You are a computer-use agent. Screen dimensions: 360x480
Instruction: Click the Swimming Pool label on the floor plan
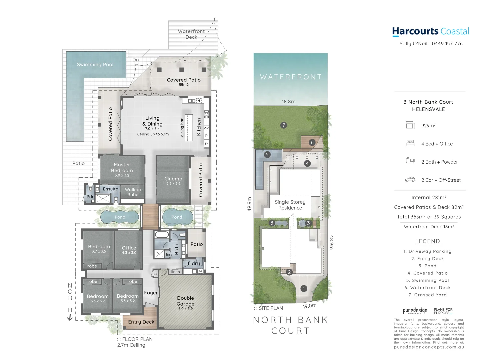coord(95,65)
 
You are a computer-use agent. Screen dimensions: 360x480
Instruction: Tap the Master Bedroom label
coord(122,168)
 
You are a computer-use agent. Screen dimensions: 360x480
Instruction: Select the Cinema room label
coord(173,179)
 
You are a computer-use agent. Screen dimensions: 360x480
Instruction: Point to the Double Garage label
coord(185,301)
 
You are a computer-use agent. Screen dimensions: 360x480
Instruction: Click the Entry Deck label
coord(141,322)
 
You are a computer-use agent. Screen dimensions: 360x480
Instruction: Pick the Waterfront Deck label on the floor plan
coord(191,34)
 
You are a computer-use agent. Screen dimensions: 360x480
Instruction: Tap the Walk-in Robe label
coord(133,192)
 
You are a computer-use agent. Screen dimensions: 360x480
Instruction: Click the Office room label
coord(129,248)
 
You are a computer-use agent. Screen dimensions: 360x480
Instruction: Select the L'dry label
coord(194,263)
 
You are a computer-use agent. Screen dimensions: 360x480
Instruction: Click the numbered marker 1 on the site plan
coord(304,289)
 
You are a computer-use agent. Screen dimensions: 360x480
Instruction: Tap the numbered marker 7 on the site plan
coord(284,125)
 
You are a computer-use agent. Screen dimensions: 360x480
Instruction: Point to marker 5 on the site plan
coord(267,155)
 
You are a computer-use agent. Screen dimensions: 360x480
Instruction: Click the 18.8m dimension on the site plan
coord(289,102)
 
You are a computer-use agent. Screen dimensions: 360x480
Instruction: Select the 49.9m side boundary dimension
coord(249,204)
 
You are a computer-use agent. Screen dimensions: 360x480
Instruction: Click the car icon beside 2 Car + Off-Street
coord(410,180)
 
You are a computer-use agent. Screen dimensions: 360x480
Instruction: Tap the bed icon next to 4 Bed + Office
coord(410,143)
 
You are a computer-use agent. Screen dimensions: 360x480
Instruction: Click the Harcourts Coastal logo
coord(431,32)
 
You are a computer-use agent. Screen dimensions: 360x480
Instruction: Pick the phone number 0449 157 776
coord(447,44)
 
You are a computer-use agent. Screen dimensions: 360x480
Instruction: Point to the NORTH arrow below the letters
coord(70,318)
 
